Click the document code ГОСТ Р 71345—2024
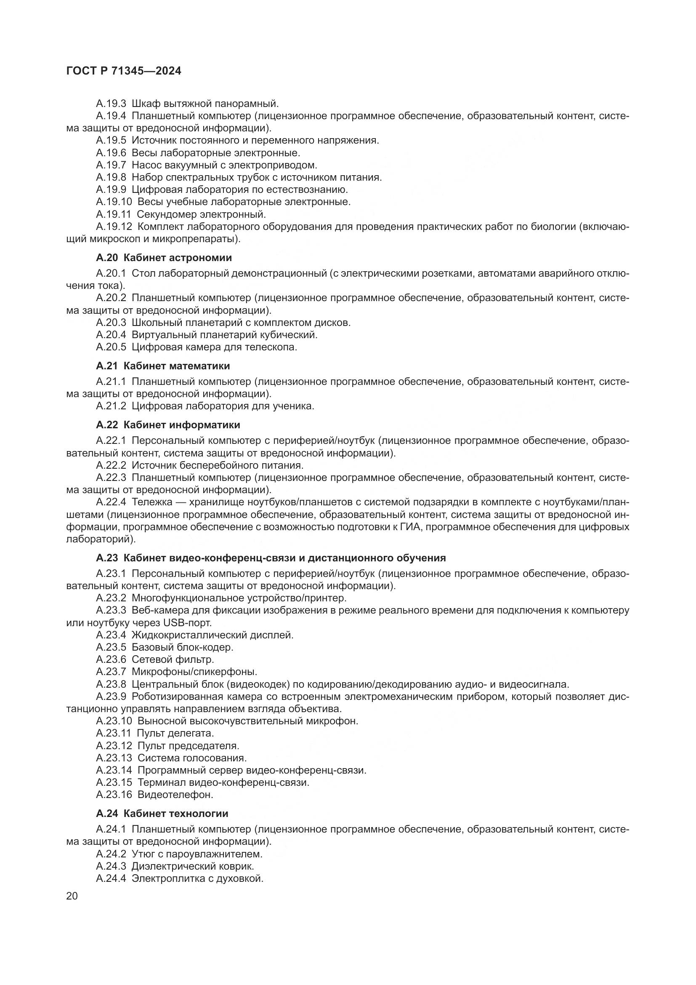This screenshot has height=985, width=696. pyautogui.click(x=124, y=71)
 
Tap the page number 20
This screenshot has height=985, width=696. pyautogui.click(x=72, y=896)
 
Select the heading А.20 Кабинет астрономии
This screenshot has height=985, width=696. pyautogui.click(x=164, y=258)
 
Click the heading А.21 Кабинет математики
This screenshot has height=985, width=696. pyautogui.click(x=163, y=366)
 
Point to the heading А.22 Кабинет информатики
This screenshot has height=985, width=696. pyautogui.click(x=168, y=425)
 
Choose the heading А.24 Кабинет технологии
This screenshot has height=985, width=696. pyautogui.click(x=162, y=814)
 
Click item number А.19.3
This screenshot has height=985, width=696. pyautogui.click(x=111, y=104)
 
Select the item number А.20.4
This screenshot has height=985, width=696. pyautogui.click(x=111, y=335)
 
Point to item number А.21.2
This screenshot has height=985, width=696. pyautogui.click(x=111, y=406)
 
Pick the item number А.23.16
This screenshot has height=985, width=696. pyautogui.click(x=114, y=795)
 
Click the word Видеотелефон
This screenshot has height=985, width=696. pyautogui.click(x=175, y=795)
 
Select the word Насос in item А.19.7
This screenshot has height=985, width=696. pyautogui.click(x=144, y=165)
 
